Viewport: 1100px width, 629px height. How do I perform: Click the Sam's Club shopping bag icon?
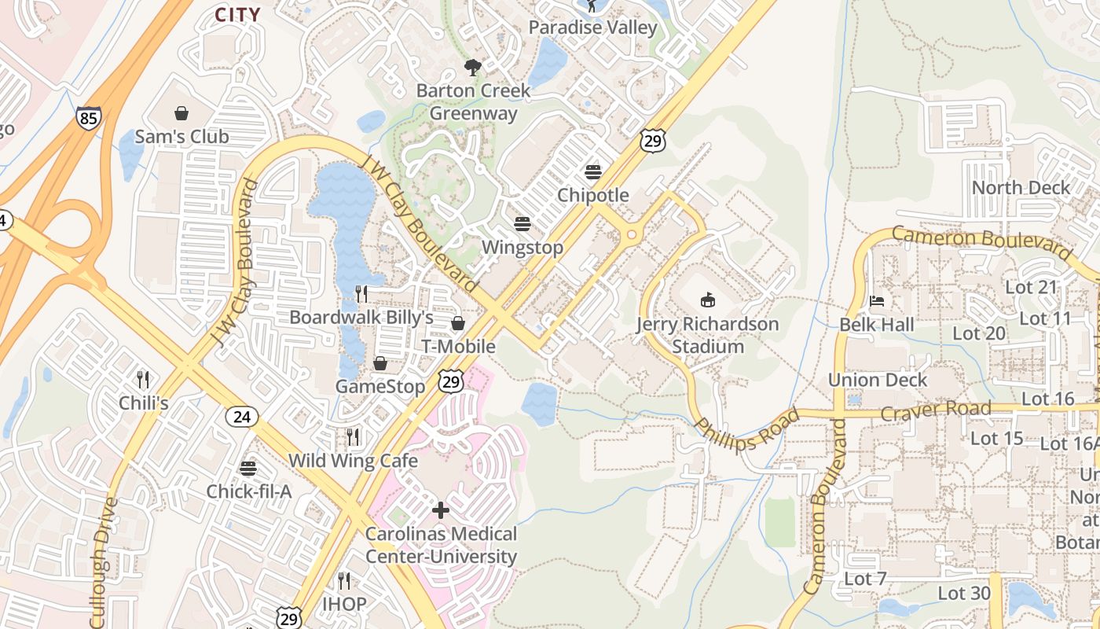181,113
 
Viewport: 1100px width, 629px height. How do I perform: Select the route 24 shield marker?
242,417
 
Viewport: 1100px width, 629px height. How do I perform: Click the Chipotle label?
593,195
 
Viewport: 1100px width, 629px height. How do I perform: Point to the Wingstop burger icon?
522,224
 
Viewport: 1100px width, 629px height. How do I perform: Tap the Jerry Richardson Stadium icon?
707,300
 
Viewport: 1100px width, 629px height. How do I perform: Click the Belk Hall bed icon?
877,301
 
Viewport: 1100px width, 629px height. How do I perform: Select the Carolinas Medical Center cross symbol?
441,510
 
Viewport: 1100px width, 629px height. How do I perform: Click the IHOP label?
344,604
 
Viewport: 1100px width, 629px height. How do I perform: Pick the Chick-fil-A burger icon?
248,469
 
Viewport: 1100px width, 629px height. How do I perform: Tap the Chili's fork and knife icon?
143,380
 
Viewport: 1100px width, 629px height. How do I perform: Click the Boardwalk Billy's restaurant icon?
361,294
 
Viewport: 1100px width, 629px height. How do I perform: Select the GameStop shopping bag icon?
380,363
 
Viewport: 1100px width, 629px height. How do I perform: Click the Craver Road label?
936,411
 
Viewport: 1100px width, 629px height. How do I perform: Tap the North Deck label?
1021,188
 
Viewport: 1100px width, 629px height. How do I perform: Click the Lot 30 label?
964,594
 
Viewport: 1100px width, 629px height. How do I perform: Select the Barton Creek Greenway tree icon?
472,67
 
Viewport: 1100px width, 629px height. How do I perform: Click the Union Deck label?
878,380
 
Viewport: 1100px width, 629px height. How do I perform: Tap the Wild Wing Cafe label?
353,460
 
